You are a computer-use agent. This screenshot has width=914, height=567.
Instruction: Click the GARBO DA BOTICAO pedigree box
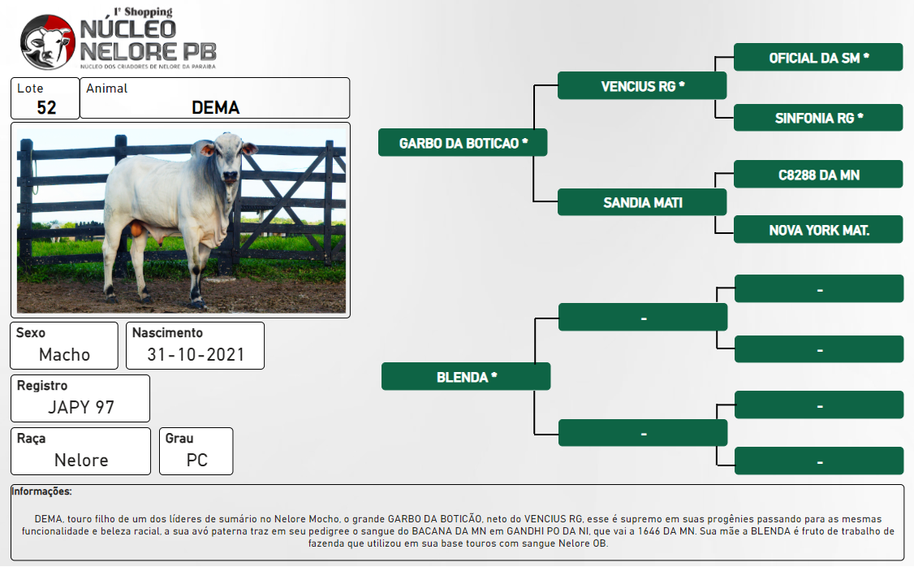click(463, 142)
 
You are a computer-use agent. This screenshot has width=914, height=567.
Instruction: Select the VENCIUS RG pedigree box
click(642, 86)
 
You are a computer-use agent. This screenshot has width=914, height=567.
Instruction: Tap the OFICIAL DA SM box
click(818, 57)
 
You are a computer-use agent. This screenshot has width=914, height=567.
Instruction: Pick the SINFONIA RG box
click(818, 117)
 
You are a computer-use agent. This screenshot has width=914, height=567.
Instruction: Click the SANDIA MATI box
click(642, 201)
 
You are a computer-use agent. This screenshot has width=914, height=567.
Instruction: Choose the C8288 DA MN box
click(818, 174)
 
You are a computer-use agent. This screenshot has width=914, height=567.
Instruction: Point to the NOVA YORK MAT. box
click(818, 229)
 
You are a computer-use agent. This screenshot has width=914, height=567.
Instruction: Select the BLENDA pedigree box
click(466, 376)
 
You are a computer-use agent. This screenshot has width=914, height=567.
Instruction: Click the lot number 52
click(46, 107)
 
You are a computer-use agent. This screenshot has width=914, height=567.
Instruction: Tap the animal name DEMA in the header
click(216, 107)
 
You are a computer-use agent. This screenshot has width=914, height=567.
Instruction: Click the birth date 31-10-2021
click(196, 355)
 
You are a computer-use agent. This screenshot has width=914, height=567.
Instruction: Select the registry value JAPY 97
click(81, 407)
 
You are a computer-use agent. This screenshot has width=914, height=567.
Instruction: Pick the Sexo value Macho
click(65, 355)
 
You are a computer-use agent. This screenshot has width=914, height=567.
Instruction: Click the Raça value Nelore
click(82, 461)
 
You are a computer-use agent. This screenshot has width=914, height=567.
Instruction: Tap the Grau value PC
click(197, 461)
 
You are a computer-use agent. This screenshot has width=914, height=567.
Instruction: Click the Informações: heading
click(41, 491)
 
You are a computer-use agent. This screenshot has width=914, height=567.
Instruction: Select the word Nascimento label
click(167, 332)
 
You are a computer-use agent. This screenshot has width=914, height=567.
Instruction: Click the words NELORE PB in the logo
click(148, 51)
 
